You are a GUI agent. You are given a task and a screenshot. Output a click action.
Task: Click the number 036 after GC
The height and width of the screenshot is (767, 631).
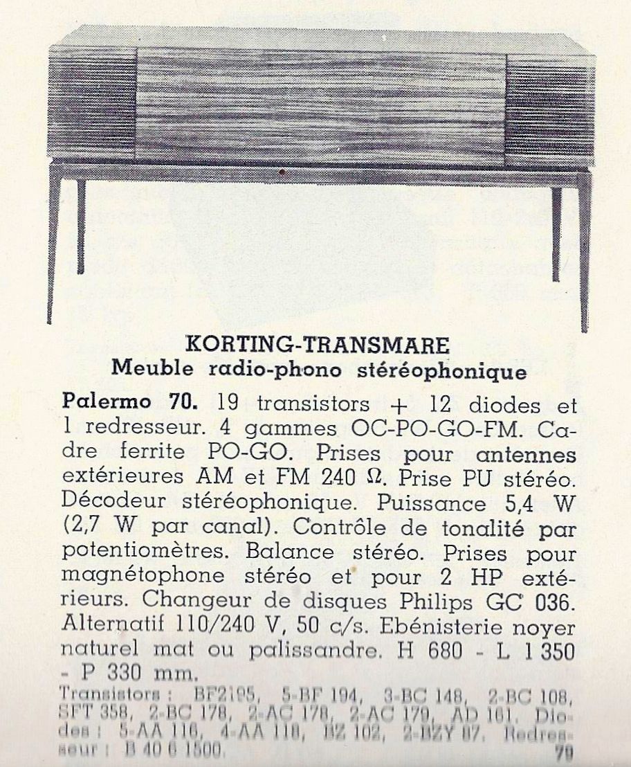tap(556, 602)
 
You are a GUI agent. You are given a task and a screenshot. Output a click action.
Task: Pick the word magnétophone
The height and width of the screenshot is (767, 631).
tap(143, 577)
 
